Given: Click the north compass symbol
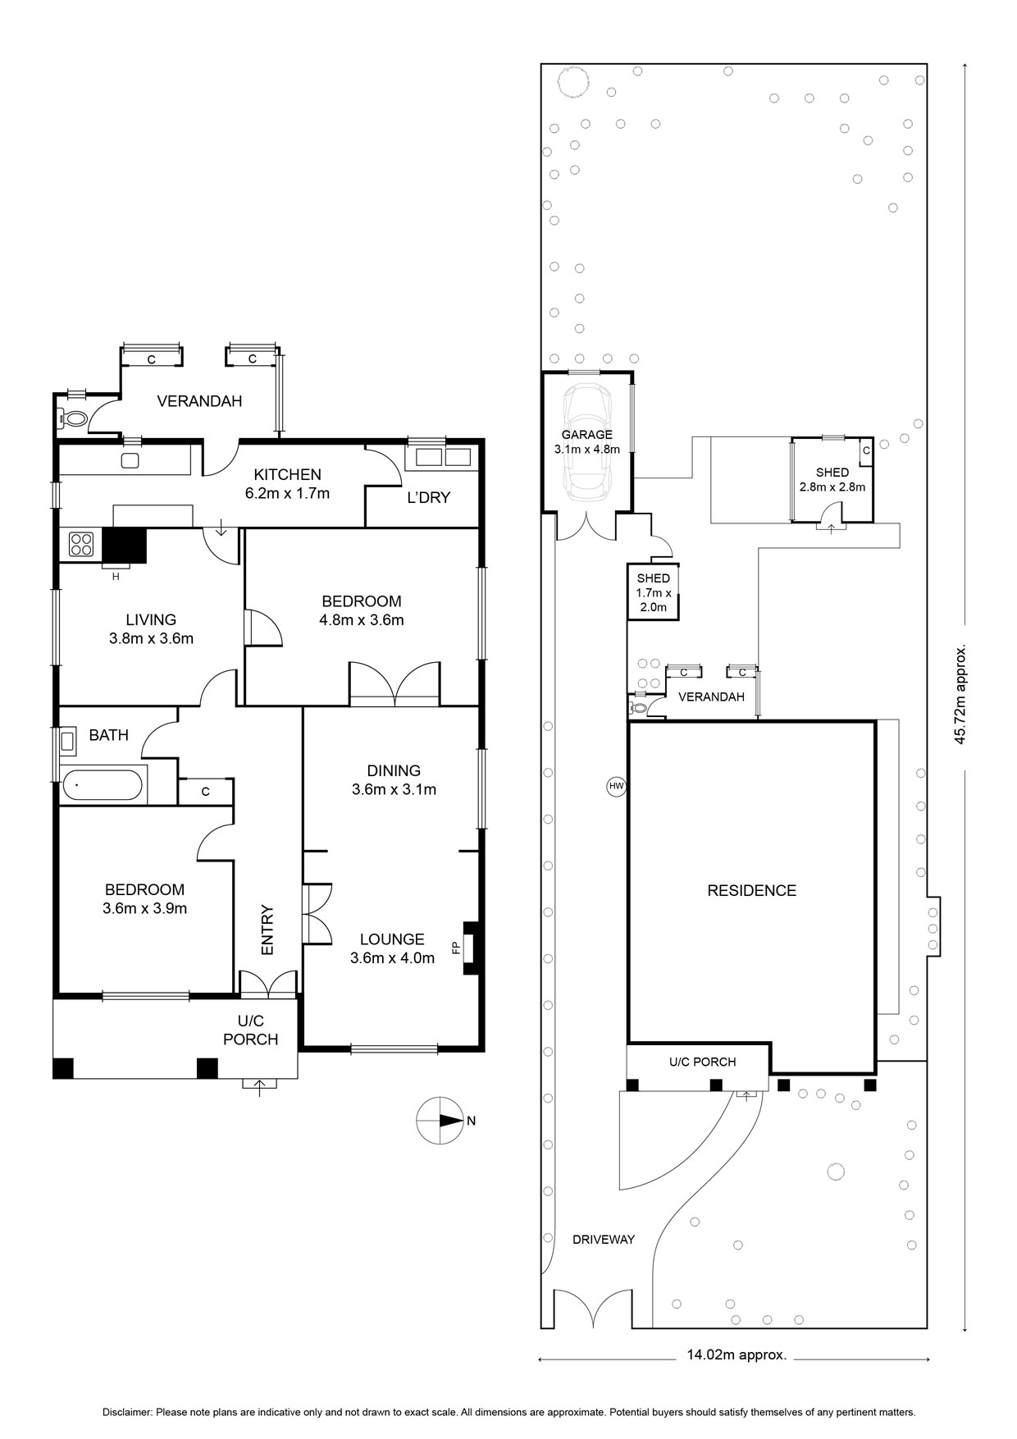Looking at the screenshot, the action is (x=440, y=1120).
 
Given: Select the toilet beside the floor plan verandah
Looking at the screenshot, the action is (x=74, y=419).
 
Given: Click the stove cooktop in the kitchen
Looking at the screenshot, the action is (x=81, y=544).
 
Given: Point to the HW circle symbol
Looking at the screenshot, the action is (x=617, y=787).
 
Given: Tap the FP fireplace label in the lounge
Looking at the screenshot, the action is (x=456, y=948).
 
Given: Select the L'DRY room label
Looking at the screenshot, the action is (x=429, y=498).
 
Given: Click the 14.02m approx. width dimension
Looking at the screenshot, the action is (x=737, y=1355).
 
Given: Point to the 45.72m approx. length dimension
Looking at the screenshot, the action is (x=960, y=694).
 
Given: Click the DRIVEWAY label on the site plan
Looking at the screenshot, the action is (x=604, y=1240).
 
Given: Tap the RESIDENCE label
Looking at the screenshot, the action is (x=752, y=890).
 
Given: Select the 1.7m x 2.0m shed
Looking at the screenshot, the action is (x=654, y=592).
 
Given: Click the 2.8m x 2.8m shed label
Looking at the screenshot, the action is (x=832, y=480).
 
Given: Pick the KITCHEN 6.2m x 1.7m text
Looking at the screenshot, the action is (x=287, y=484).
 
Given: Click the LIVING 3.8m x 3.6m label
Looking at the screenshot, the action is (x=151, y=629).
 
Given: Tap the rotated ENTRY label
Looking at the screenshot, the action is (x=267, y=930).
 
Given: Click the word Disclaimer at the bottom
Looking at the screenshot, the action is (x=127, y=1413).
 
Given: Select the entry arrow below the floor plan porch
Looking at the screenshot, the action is (x=260, y=1088).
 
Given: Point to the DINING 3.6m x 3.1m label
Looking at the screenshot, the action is (x=394, y=780).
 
